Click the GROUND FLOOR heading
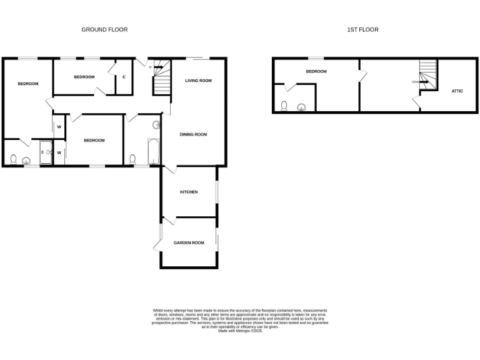click(x=104, y=29)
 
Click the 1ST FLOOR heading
click(x=362, y=29)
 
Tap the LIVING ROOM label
click(x=198, y=81)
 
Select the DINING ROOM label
click(x=193, y=134)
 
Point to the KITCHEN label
click(x=189, y=192)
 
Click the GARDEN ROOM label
click(x=189, y=242)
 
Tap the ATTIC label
click(x=457, y=91)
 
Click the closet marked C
click(x=124, y=77)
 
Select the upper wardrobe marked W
click(x=59, y=127)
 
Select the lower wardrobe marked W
click(x=59, y=152)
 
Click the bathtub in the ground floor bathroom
click(x=154, y=151)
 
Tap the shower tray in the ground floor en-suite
click(x=46, y=152)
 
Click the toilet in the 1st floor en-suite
click(x=284, y=106)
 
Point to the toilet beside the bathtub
click(x=132, y=159)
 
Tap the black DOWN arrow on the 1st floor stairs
click(x=423, y=81)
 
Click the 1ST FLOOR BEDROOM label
click(x=316, y=71)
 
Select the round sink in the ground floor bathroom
click(x=156, y=125)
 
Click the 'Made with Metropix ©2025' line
click(x=240, y=331)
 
